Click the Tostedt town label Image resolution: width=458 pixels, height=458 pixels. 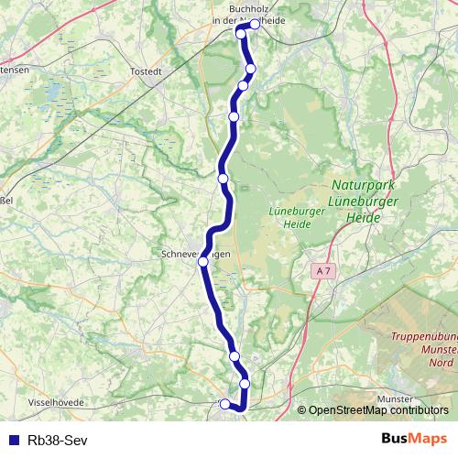pos(147,71)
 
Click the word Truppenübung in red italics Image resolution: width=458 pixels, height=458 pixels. pos(423,337)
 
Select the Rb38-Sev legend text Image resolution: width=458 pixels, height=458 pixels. pos(59,439)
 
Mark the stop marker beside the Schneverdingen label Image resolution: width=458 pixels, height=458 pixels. pos(203,261)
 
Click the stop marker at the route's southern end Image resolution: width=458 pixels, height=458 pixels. pos(225,402)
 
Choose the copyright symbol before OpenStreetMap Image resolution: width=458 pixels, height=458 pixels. pos(302,410)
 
